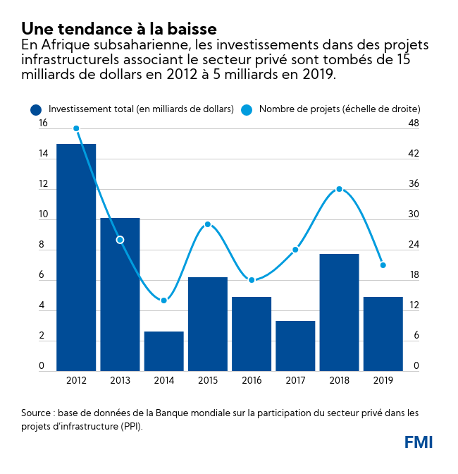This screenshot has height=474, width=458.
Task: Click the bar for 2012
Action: point(76,257)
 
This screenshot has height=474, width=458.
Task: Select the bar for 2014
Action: point(163,351)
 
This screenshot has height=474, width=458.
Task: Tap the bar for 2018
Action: point(339,312)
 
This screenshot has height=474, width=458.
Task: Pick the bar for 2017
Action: point(295,346)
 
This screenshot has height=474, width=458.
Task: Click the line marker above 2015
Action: point(208,224)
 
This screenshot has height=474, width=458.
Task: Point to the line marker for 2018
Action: point(339,189)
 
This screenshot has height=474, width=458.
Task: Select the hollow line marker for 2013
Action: point(120,240)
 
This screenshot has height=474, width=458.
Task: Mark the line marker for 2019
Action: point(383,265)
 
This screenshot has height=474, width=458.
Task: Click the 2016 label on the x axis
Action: point(252,381)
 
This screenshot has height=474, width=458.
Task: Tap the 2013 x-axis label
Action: point(120,381)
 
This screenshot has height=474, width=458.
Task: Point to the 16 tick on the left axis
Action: point(43,123)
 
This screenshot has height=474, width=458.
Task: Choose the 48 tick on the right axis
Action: point(414,123)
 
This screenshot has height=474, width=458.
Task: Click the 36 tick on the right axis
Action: point(414,184)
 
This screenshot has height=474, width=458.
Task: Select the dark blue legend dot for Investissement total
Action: point(35,109)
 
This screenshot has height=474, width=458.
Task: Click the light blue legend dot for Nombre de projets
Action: point(246,109)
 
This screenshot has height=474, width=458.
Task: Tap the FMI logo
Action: point(419,442)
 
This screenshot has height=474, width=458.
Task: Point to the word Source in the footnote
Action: point(39,412)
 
